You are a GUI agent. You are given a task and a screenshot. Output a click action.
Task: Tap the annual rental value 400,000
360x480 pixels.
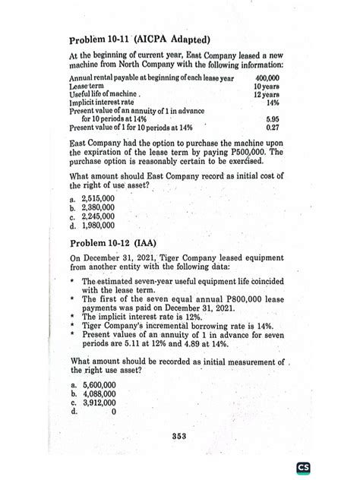pos(267,78)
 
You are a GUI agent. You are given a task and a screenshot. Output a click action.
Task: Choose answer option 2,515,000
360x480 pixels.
pos(96,197)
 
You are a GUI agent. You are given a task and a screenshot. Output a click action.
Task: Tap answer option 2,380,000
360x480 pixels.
pos(96,207)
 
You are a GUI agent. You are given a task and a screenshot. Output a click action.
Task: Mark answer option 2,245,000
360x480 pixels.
pos(96,216)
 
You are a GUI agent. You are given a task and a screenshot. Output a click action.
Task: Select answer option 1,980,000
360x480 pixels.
pos(96,225)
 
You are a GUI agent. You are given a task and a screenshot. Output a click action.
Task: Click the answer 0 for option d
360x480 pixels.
pos(112,413)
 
